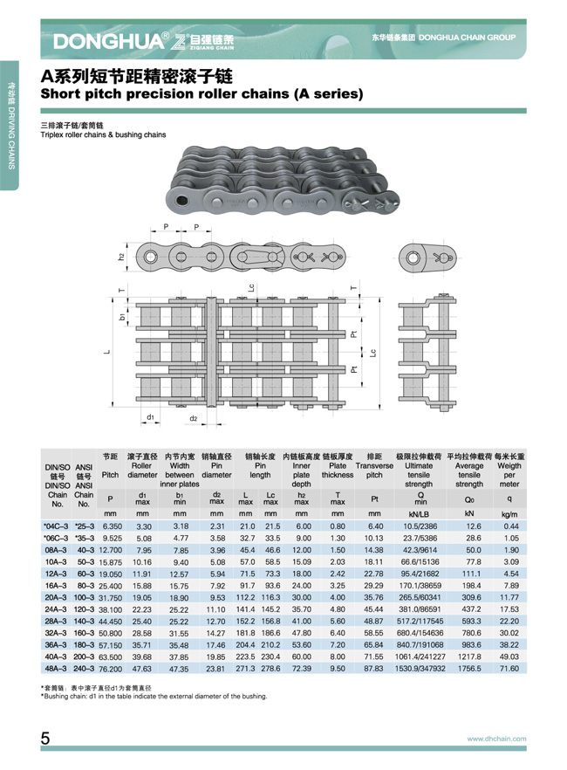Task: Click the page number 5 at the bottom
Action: click(x=44, y=739)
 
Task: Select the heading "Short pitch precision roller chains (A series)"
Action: click(x=202, y=93)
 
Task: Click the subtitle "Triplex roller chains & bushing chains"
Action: click(x=103, y=135)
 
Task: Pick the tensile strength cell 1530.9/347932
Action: click(x=420, y=667)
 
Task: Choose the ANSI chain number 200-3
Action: click(x=85, y=655)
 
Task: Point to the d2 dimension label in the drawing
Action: click(x=193, y=418)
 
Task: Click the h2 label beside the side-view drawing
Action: click(x=122, y=257)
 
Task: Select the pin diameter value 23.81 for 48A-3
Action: click(x=216, y=667)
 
